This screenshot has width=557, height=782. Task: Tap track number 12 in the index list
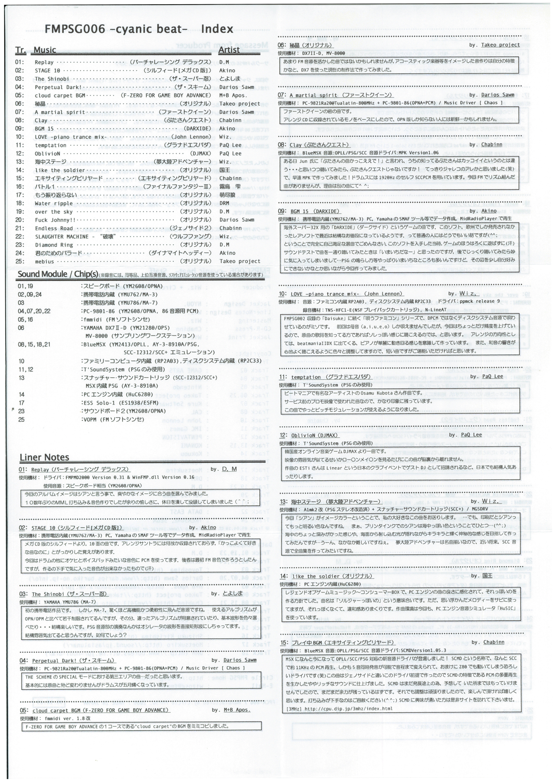click(x=20, y=153)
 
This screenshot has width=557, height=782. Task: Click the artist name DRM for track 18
click(x=224, y=203)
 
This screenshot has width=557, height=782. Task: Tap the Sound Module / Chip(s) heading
click(x=58, y=274)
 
